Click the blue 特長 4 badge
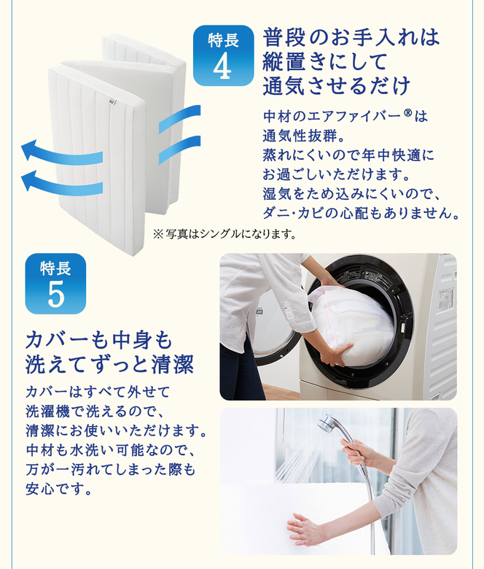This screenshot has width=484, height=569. (223, 55)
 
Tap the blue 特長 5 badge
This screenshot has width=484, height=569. (55, 284)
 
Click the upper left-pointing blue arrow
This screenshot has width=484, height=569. (62, 152)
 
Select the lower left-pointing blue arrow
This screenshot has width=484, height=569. (62, 183)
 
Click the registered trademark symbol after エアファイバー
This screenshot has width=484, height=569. (407, 113)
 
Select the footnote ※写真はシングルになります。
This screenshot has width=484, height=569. (225, 234)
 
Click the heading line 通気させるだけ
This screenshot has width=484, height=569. (337, 85)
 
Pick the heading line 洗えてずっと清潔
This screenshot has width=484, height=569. (109, 364)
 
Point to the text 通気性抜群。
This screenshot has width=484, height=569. (304, 136)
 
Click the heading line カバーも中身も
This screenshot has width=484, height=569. (99, 341)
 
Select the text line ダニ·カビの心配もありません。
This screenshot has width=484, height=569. (361, 213)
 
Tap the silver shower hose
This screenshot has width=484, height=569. (370, 508)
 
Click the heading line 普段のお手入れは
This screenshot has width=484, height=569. (351, 37)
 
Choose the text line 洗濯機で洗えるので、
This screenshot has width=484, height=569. (95, 411)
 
